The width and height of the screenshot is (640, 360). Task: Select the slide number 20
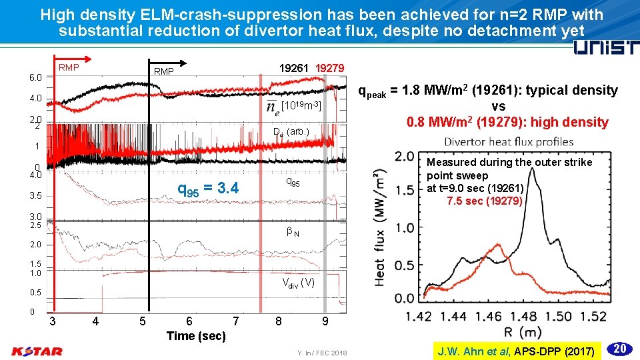coord(619,348)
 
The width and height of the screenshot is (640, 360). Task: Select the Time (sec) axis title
coord(196,336)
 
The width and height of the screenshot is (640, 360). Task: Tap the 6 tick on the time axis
coord(189,321)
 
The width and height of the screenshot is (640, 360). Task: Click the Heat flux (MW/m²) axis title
coord(381,227)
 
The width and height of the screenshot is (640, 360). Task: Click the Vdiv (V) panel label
coord(298,282)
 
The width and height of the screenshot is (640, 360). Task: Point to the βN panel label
coord(292,233)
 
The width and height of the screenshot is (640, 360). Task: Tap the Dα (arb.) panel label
coord(292,131)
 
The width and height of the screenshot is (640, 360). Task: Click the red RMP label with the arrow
coord(69,67)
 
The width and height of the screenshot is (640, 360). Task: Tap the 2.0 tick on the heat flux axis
coord(404,156)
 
